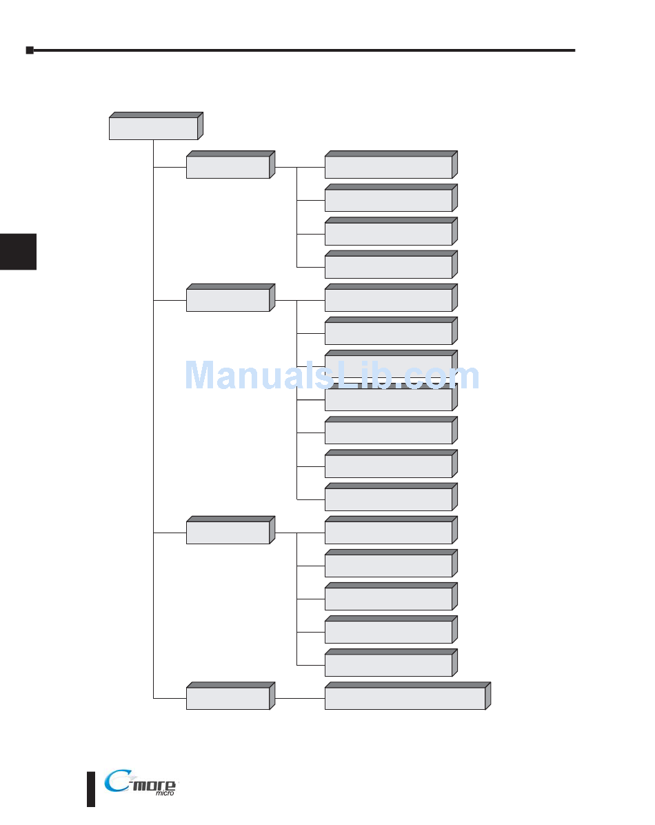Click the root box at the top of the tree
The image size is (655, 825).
(x=153, y=128)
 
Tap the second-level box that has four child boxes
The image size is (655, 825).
(x=228, y=168)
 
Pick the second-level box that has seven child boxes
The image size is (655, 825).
(x=228, y=300)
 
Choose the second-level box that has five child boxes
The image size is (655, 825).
(x=228, y=533)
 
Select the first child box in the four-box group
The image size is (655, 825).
(x=388, y=168)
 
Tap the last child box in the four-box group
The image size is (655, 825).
(x=388, y=267)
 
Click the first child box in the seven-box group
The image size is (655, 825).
(x=388, y=300)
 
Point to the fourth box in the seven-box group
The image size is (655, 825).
(x=388, y=400)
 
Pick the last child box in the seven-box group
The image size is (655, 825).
(x=388, y=499)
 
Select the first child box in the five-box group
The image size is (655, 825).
(x=388, y=533)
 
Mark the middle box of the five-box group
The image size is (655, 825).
(x=388, y=599)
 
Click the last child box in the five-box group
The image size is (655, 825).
(x=388, y=665)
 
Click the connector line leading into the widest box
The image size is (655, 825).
(x=300, y=699)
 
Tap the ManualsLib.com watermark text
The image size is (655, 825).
(x=332, y=377)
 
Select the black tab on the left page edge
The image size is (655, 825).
(x=18, y=252)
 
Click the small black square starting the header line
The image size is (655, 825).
(x=30, y=50)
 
